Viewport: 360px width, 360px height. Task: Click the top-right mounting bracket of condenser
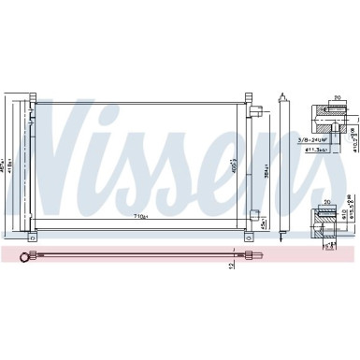tap(249, 97)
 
